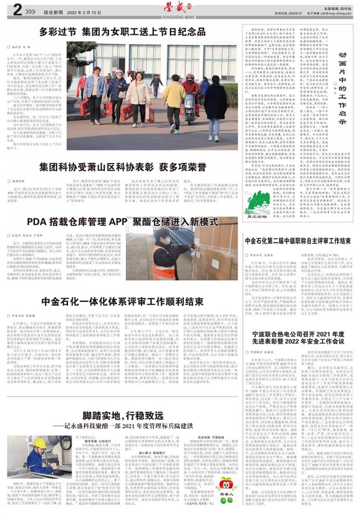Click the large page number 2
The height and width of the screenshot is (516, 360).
coord(17,10)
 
